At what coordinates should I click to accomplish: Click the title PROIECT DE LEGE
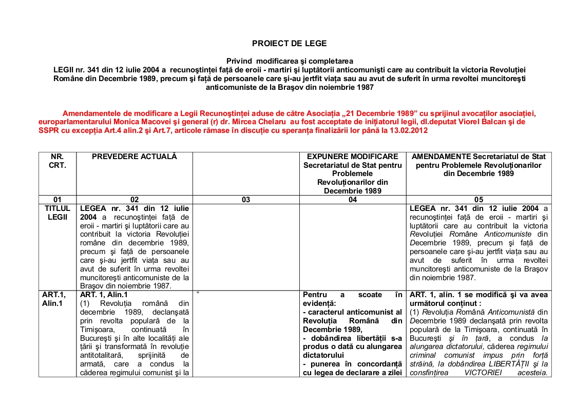(x=289, y=44)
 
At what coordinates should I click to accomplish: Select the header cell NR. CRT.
(x=57, y=161)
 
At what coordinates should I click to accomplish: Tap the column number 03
(x=245, y=200)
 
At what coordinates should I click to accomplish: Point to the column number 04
(x=352, y=200)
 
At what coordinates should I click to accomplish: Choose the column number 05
(x=478, y=200)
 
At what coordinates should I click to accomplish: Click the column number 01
(x=57, y=200)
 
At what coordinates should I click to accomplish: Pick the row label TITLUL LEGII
(x=57, y=213)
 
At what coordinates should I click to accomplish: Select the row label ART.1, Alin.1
(x=57, y=299)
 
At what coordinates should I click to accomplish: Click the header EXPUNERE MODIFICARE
(x=352, y=157)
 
